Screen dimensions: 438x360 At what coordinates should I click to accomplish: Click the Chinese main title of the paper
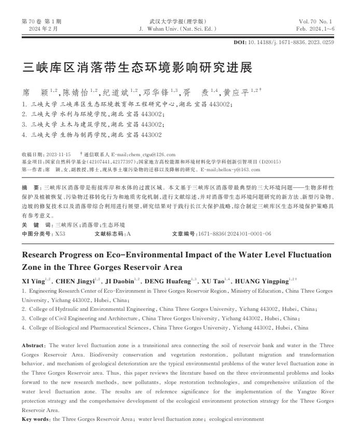(x=137, y=68)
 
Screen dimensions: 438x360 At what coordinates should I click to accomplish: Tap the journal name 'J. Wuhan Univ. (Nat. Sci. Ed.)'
(x=178, y=29)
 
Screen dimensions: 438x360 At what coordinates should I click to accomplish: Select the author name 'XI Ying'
(x=35, y=281)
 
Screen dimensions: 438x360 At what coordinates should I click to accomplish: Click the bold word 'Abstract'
(x=33, y=345)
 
